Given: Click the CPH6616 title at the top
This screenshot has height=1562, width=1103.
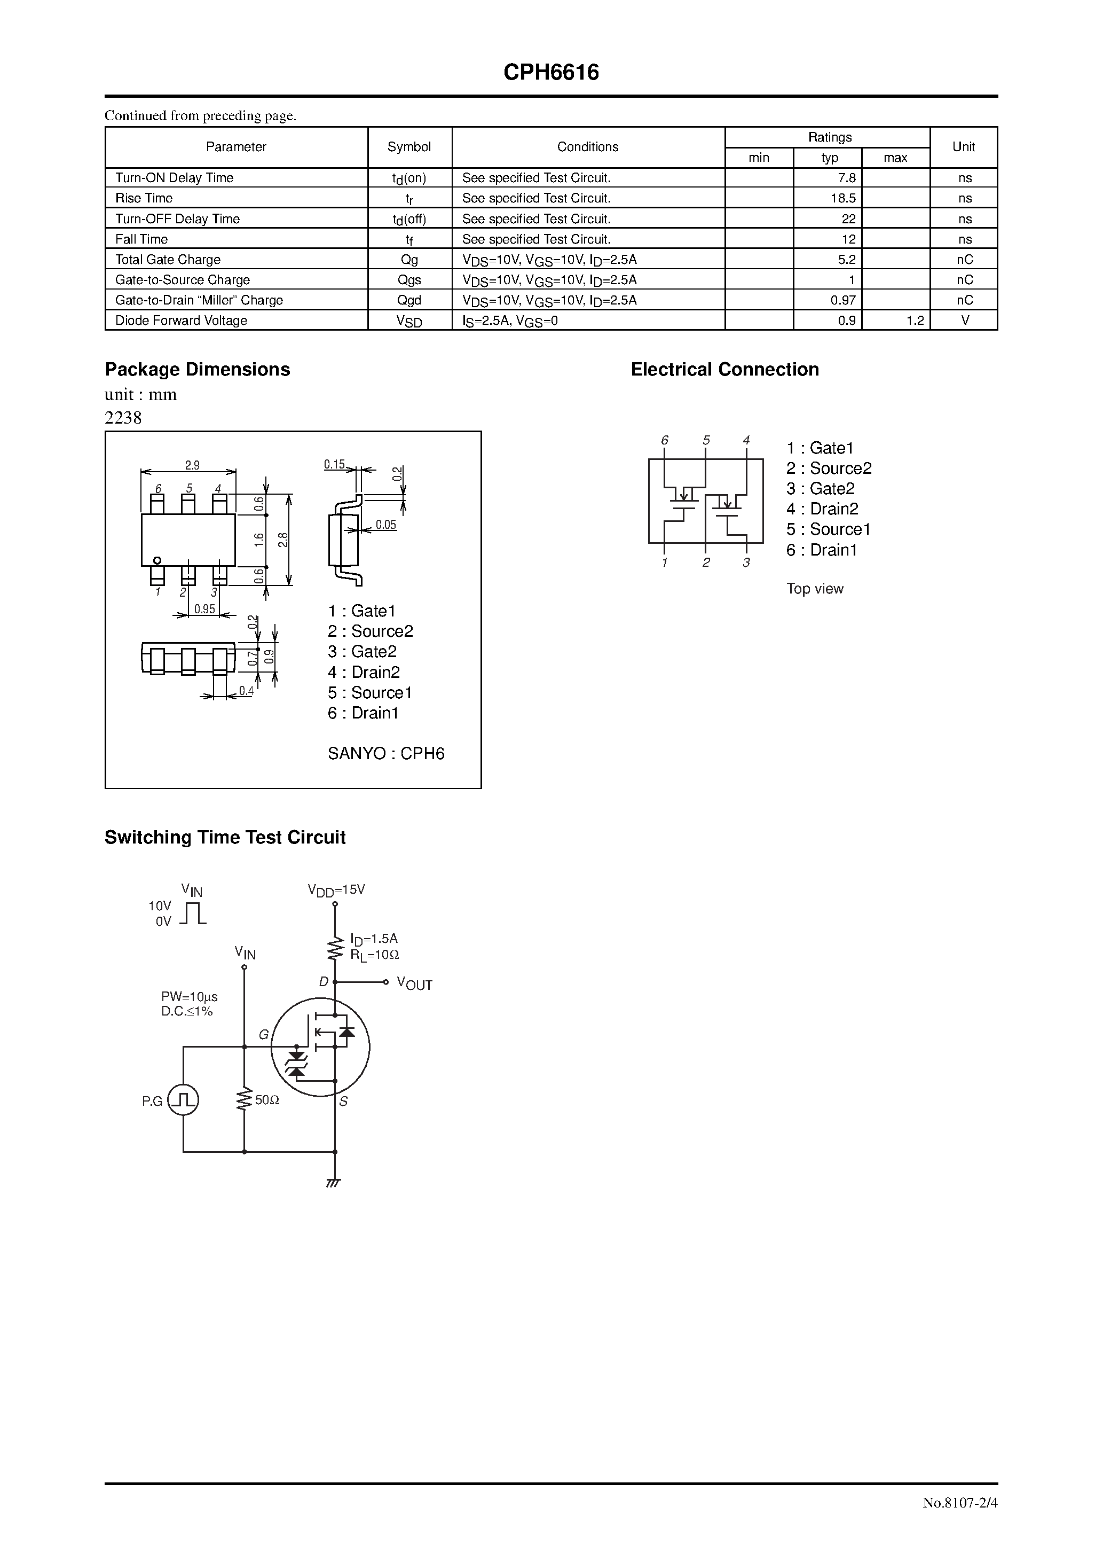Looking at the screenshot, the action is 551,72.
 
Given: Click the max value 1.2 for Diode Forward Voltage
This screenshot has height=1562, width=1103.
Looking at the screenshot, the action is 915,321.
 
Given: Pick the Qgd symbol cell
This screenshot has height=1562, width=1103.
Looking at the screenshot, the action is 409,300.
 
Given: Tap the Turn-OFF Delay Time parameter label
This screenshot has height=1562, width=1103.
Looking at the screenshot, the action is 177,218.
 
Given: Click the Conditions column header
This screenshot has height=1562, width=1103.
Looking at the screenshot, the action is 588,147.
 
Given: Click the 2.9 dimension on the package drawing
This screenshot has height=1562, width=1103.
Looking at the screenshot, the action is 192,465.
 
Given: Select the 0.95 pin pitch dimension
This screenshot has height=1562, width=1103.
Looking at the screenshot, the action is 204,609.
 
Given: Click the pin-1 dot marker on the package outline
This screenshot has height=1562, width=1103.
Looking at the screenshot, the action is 157,560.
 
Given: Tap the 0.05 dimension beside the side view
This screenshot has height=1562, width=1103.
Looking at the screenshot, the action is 385,525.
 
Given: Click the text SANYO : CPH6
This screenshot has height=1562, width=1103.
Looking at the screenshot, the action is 385,753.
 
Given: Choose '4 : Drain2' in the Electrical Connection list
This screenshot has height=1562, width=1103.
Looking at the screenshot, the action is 822,509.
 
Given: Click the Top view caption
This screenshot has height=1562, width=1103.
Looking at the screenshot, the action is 815,589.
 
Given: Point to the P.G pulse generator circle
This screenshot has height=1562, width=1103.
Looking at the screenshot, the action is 183,1100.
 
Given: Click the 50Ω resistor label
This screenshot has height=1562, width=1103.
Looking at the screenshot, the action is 267,1099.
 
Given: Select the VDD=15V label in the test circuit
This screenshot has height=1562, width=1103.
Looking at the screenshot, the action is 336,890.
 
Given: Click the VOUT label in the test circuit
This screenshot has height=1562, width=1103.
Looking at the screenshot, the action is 414,984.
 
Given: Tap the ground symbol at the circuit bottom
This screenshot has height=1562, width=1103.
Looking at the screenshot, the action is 333,1182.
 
